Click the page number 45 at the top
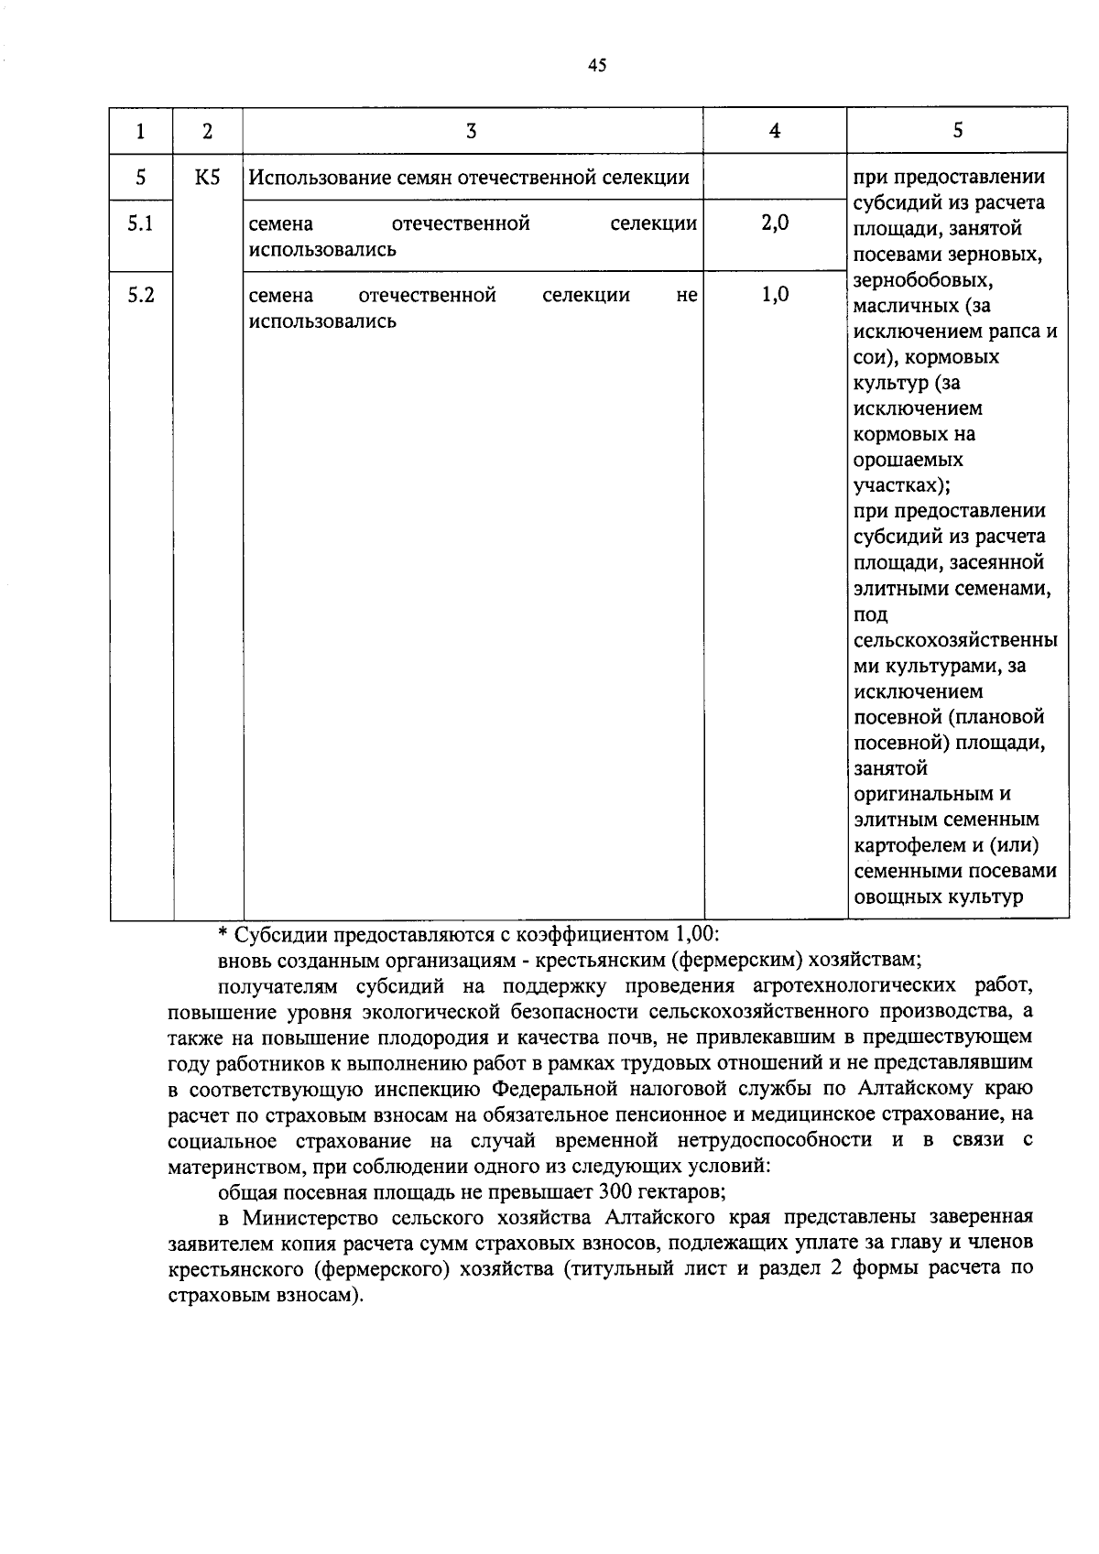[x=596, y=65]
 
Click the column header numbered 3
[x=471, y=131]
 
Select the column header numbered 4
[x=775, y=131]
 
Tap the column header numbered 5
[x=957, y=131]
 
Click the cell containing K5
[x=208, y=178]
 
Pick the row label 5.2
[x=141, y=296]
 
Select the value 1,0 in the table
[x=775, y=296]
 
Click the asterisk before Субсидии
[x=222, y=935]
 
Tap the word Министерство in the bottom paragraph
[x=310, y=1219]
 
